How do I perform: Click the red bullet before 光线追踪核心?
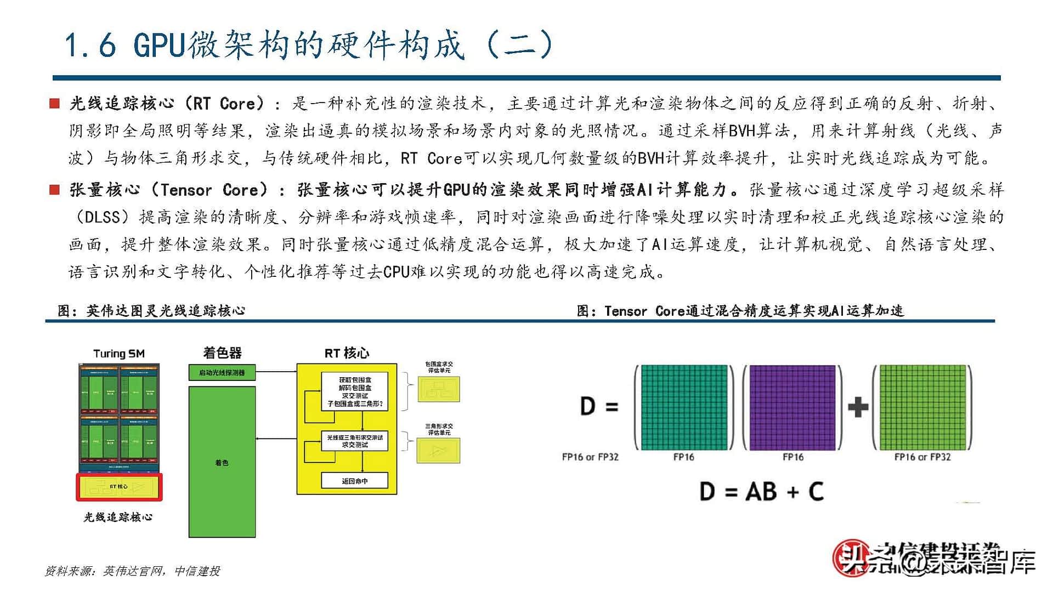(x=54, y=104)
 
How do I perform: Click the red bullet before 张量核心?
(x=54, y=190)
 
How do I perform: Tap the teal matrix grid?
(x=684, y=407)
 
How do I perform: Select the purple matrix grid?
(x=792, y=407)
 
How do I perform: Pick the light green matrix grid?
(x=922, y=407)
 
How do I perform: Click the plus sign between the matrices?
(x=858, y=407)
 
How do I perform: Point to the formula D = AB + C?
(x=762, y=491)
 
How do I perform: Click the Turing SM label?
(x=119, y=354)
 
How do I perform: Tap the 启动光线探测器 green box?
(x=222, y=373)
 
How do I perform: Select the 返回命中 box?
(x=354, y=481)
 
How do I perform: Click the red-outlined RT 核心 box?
(x=119, y=487)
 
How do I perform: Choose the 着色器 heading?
(x=222, y=353)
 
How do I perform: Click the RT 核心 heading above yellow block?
(x=347, y=353)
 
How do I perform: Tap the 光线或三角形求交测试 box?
(x=354, y=441)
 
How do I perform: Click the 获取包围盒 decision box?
(x=354, y=391)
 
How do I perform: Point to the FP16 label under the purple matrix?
(x=793, y=457)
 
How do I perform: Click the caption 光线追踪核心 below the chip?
(x=118, y=517)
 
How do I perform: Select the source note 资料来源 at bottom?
(x=132, y=571)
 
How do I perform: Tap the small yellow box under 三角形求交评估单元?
(x=438, y=451)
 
